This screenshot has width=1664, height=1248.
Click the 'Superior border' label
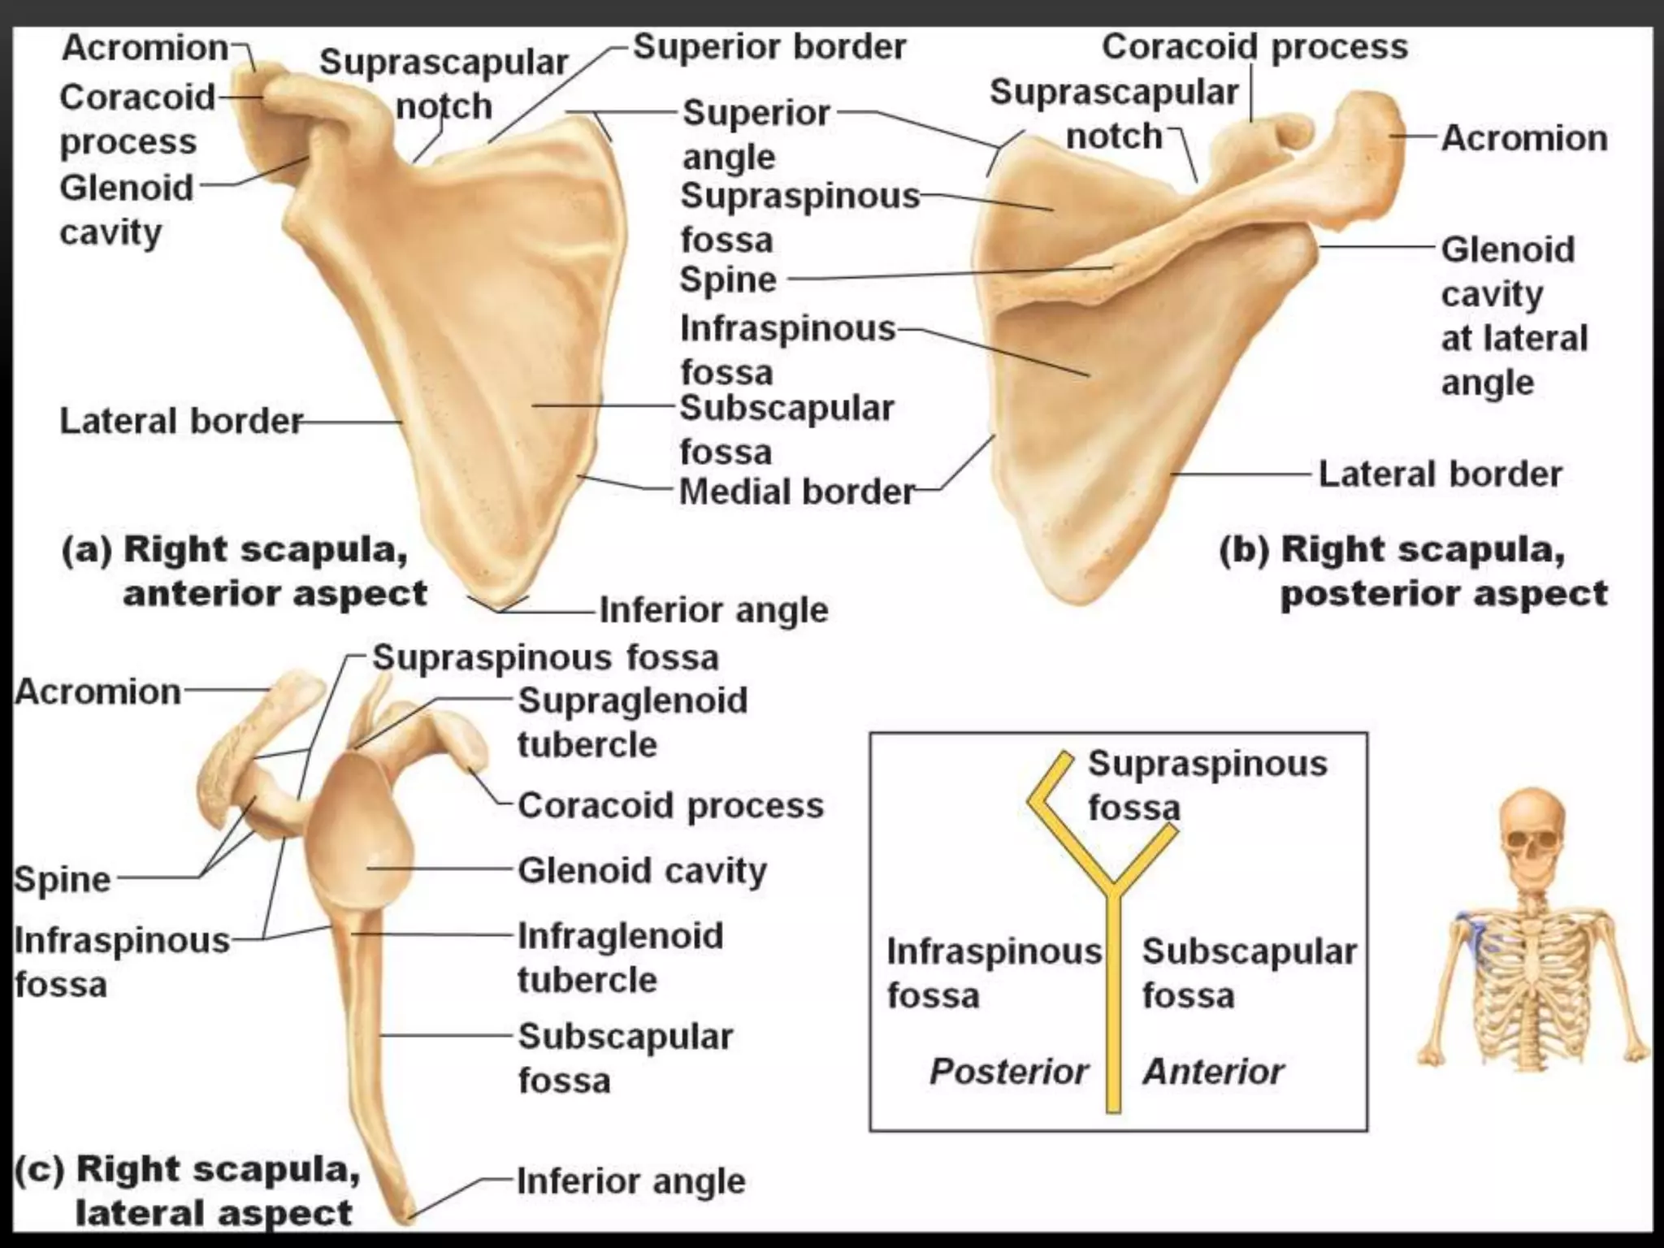[769, 47]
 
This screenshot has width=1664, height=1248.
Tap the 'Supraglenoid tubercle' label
[632, 721]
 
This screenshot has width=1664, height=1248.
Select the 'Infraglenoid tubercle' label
[620, 957]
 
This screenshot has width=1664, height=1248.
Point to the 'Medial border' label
[796, 492]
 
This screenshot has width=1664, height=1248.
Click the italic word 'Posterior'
[1008, 1072]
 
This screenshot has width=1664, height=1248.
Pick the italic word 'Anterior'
[1213, 1072]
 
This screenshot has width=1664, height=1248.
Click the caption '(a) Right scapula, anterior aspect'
[244, 571]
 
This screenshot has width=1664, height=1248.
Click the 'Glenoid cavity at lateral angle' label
[1513, 315]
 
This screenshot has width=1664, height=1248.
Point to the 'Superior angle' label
[756, 134]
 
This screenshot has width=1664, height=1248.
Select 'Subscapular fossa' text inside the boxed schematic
[1249, 973]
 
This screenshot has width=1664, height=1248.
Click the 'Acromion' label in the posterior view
[1524, 138]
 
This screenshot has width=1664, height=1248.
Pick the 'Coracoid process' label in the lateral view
[670, 805]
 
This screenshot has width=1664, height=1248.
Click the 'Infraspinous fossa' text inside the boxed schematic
[993, 973]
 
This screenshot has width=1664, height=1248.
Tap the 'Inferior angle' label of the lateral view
[630, 1181]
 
